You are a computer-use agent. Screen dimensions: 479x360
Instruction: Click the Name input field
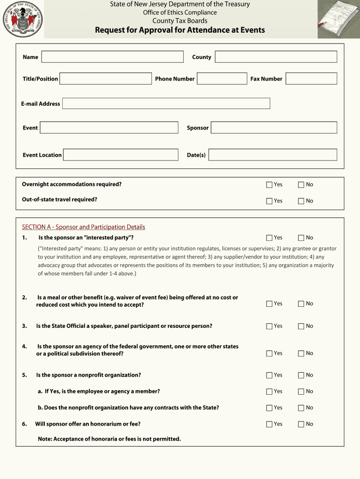point(112,57)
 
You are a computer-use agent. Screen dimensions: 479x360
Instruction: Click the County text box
point(276,57)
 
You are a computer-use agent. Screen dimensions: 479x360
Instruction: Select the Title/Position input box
point(106,79)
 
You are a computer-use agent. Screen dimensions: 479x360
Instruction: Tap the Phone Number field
point(222,79)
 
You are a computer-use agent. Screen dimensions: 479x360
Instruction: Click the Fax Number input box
point(311,79)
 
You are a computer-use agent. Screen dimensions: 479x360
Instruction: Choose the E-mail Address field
point(166,103)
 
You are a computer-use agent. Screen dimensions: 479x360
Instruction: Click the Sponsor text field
point(274,128)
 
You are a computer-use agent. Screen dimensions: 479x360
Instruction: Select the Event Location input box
point(121,155)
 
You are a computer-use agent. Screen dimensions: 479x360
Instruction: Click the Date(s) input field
point(273,155)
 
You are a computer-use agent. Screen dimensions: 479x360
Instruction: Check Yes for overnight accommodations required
point(269,185)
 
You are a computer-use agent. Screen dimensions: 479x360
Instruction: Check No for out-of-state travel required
point(301,201)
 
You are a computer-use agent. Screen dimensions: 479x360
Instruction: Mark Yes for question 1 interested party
point(269,238)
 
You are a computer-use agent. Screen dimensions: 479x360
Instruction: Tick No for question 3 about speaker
point(301,327)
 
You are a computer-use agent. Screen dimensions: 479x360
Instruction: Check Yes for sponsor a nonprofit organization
point(269,376)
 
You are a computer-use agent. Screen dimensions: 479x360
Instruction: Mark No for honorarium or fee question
point(301,425)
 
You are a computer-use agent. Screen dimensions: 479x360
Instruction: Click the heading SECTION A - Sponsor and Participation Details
point(83,227)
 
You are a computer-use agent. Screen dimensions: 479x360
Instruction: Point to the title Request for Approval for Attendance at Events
point(180,30)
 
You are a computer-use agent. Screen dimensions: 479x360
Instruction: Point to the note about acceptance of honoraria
point(109,439)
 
